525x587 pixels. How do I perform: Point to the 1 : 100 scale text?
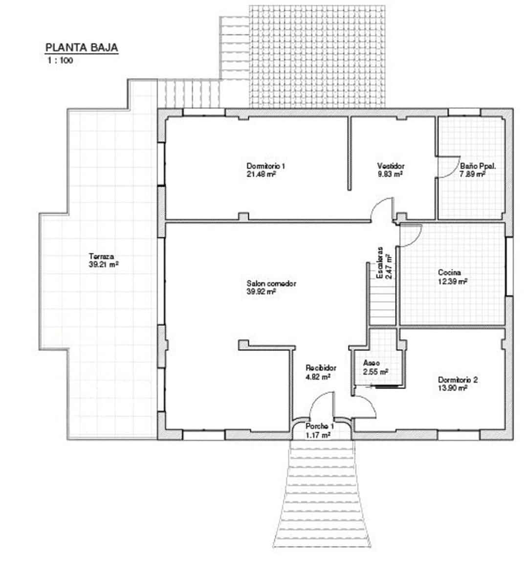pos(60,61)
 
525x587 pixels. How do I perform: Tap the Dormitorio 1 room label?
pos(266,166)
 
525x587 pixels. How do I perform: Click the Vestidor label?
pos(391,166)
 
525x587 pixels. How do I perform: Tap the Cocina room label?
pos(449,272)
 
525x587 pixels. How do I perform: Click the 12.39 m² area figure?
pos(453,281)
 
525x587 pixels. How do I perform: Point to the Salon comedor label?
pos(271,284)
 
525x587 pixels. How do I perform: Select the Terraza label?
pos(101,256)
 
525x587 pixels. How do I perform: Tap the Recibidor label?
pos(321,368)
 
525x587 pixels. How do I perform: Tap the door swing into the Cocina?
pos(410,235)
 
